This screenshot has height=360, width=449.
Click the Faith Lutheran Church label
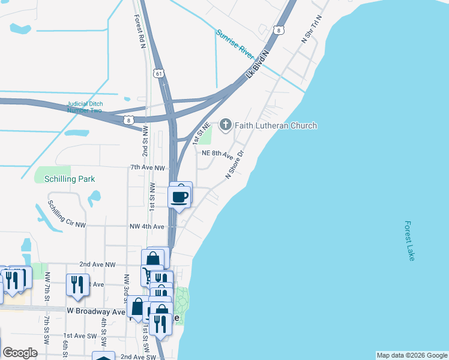tap(276, 125)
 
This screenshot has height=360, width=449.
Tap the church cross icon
tap(226, 125)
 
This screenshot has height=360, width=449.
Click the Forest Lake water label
tap(409, 241)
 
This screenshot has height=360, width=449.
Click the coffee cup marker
tap(180, 196)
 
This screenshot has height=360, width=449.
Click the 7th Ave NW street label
tap(147, 169)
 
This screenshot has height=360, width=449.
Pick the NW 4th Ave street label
tap(146, 227)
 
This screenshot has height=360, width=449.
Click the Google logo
tap(20, 353)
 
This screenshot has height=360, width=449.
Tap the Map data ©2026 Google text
tap(411, 355)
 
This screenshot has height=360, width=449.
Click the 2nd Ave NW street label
tap(97, 264)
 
